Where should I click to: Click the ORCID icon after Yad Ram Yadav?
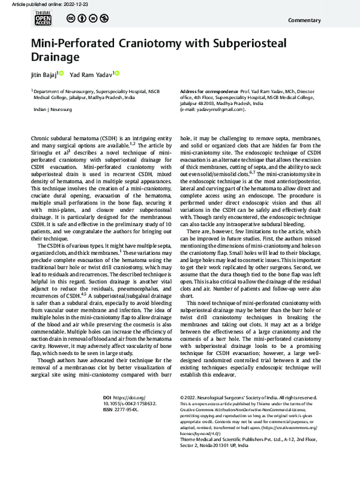point(117,73)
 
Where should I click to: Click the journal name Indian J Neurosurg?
point(49,110)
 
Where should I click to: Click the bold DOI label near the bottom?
point(107,414)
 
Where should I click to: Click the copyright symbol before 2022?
point(182,414)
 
